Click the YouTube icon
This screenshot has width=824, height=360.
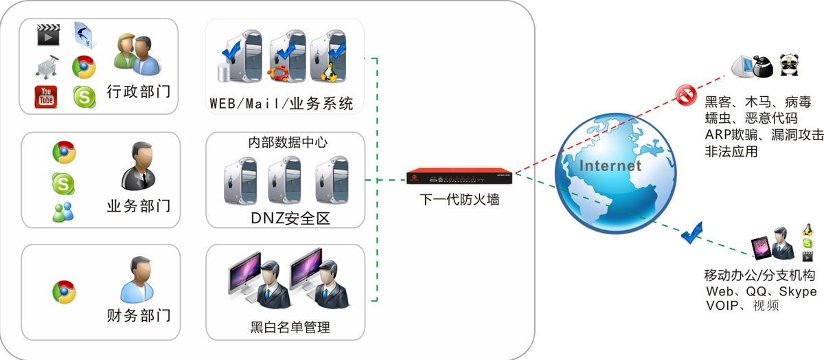click(x=46, y=97)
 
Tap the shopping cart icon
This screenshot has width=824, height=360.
click(x=46, y=67)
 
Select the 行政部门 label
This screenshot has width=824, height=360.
click(x=139, y=92)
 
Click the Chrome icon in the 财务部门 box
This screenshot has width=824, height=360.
click(x=64, y=291)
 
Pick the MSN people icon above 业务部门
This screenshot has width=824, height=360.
click(x=64, y=212)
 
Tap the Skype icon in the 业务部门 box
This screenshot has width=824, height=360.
click(x=64, y=182)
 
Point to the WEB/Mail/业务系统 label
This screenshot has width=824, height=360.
click(x=282, y=104)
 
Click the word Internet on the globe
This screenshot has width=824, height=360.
click(x=610, y=166)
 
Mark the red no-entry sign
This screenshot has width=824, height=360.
click(x=686, y=95)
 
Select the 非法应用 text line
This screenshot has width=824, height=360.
click(x=731, y=152)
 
